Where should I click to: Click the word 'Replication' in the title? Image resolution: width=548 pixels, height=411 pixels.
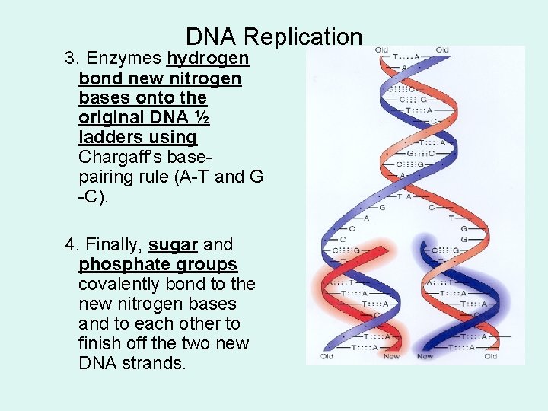pyautogui.click(x=303, y=37)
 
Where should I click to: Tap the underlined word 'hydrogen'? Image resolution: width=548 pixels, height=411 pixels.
pyautogui.click(x=208, y=59)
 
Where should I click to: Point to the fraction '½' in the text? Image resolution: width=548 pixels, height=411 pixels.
pyautogui.click(x=202, y=118)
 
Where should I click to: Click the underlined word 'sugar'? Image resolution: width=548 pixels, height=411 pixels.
pyautogui.click(x=173, y=245)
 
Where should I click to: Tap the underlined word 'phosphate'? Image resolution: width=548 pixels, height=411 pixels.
pyautogui.click(x=115, y=265)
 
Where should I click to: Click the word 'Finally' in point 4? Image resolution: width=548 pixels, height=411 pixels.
pyautogui.click(x=113, y=245)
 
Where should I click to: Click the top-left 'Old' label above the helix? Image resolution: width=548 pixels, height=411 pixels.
pyautogui.click(x=381, y=50)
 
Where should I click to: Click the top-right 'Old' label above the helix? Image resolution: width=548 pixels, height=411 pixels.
pyautogui.click(x=442, y=50)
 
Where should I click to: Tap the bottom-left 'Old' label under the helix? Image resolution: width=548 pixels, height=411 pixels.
pyautogui.click(x=327, y=356)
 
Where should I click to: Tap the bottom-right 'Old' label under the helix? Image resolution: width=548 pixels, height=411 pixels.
pyautogui.click(x=491, y=356)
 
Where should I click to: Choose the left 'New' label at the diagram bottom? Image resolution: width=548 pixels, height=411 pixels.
pyautogui.click(x=391, y=356)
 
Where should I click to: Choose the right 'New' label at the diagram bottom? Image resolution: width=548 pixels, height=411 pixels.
pyautogui.click(x=425, y=356)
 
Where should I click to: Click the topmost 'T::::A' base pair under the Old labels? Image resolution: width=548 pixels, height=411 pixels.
pyautogui.click(x=411, y=56)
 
